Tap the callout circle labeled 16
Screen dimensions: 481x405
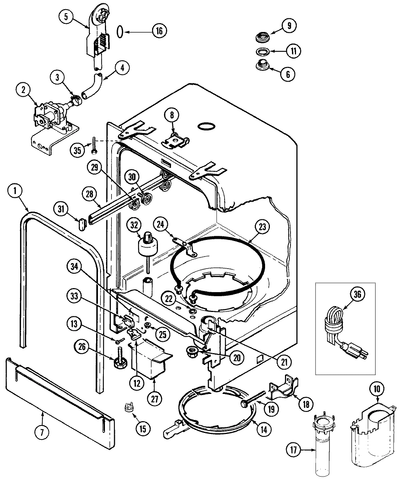pos(159,31)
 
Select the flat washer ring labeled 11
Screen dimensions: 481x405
pos(263,51)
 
